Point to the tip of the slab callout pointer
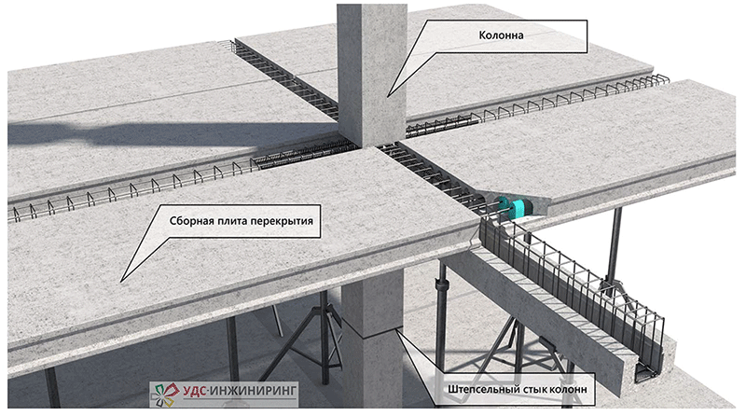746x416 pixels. pyautogui.click(x=118, y=279)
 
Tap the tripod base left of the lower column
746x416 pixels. pyautogui.click(x=308, y=345)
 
